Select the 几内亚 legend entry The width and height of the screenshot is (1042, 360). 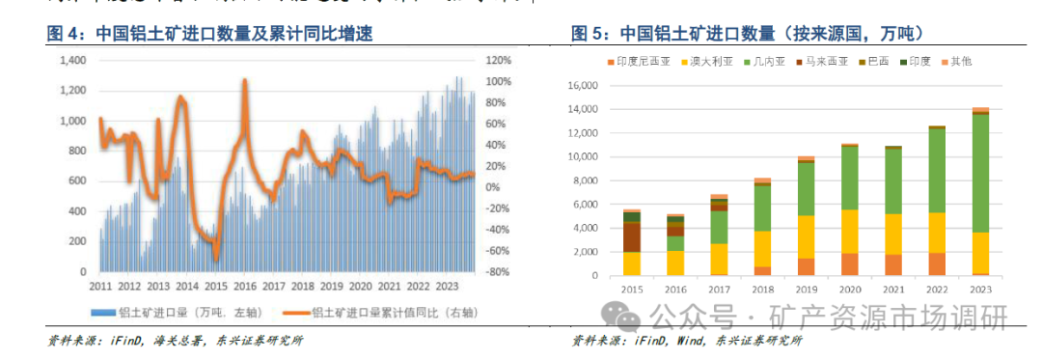747,62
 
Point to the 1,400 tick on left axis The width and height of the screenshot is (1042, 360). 72,61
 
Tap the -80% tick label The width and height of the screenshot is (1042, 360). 496,272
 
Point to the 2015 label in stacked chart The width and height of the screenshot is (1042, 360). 632,287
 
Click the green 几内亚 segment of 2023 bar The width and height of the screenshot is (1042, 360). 979,174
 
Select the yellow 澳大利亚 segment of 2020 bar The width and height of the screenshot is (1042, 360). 849,232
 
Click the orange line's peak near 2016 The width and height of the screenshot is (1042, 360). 245,81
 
